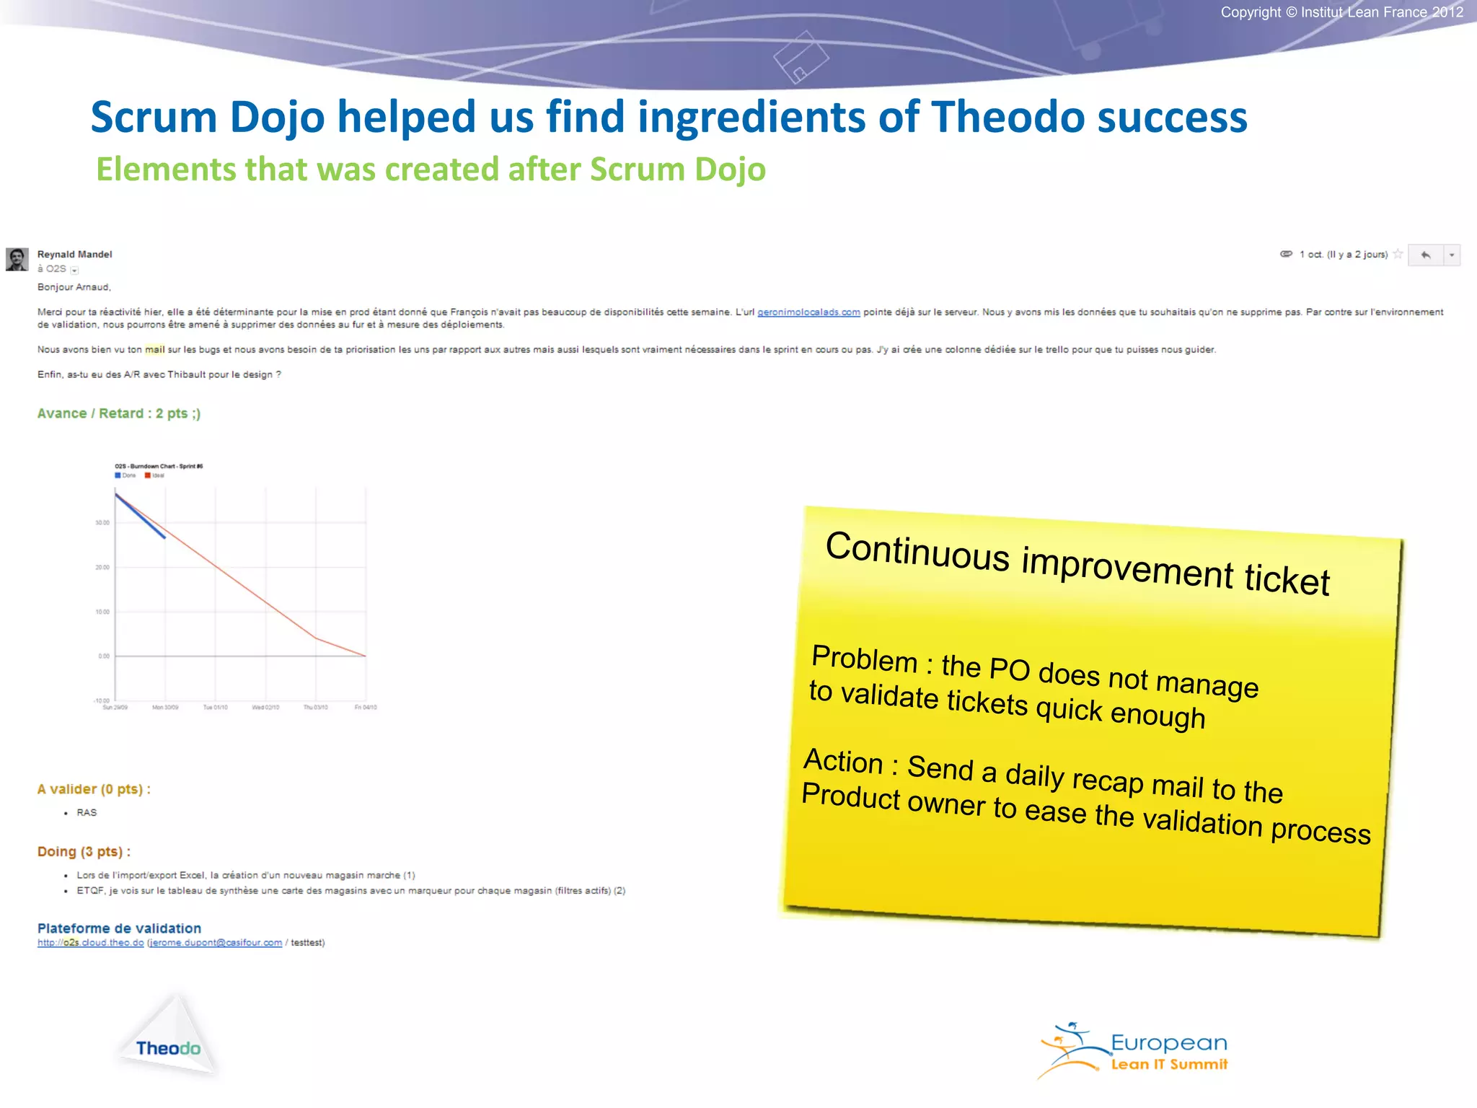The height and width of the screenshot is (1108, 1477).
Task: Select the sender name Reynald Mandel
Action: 74,255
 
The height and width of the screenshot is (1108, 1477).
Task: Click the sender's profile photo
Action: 17,259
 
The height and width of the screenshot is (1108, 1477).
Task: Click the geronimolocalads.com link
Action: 808,312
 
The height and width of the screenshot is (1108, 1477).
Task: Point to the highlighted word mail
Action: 154,350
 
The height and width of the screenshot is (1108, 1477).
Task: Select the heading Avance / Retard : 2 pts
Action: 118,413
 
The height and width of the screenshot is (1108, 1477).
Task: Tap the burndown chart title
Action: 159,466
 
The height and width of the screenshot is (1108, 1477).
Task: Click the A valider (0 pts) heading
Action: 94,789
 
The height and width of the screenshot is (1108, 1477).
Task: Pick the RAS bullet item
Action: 87,813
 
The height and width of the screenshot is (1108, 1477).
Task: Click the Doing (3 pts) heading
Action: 84,852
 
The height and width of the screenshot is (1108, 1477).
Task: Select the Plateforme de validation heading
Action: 119,928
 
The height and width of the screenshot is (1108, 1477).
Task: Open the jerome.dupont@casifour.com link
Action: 215,943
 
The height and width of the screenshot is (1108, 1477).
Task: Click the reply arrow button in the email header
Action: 1425,255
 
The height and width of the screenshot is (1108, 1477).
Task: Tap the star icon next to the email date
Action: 1398,254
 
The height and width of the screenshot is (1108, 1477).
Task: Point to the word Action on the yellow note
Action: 843,762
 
